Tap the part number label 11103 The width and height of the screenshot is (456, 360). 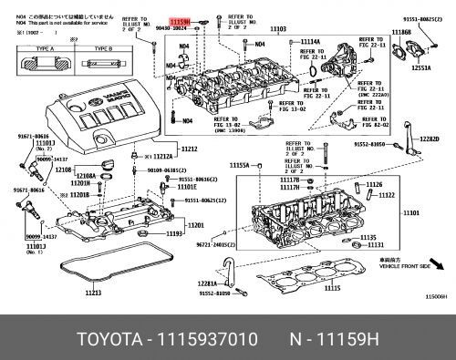tap(277, 29)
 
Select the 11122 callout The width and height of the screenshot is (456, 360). tap(387, 194)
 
